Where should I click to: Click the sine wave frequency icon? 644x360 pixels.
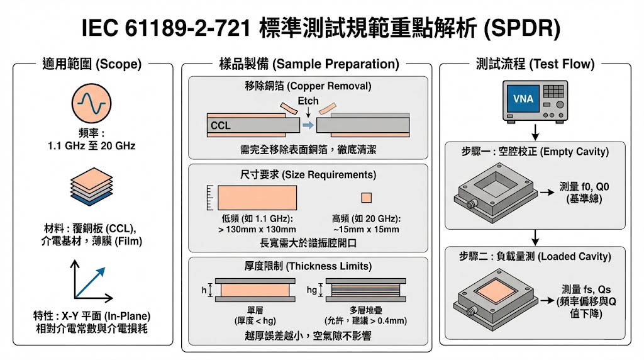87,103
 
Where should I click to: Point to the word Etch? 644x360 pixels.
308,101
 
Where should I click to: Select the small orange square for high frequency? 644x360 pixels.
367,198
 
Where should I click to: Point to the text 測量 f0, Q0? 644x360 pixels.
582,187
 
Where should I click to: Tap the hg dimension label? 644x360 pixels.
311,290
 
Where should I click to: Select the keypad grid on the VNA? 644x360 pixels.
553,92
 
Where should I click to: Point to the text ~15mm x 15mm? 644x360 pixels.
366,229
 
